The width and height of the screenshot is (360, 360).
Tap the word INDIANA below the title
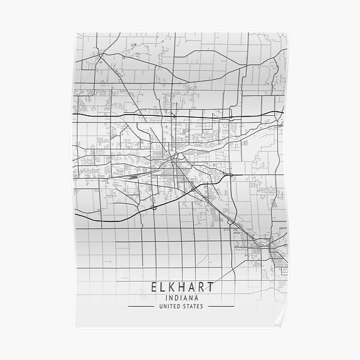(x=181, y=296)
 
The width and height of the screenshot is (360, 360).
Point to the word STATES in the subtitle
(x=193, y=307)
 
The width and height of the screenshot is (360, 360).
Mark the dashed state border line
(x=180, y=90)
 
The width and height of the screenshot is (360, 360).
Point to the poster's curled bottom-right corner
(x=287, y=328)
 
